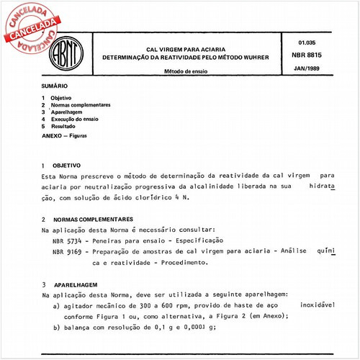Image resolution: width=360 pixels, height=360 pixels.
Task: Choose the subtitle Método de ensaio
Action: click(x=189, y=71)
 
